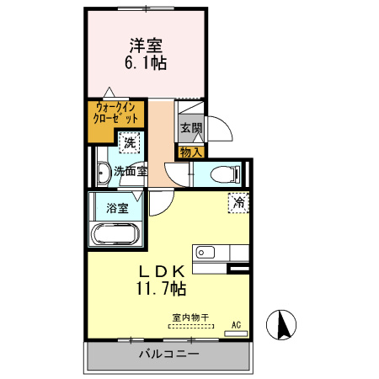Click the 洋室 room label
pyautogui.click(x=146, y=45)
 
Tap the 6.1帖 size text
pyautogui.click(x=146, y=64)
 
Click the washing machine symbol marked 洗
pyautogui.click(x=130, y=144)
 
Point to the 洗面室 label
pyautogui.click(x=131, y=171)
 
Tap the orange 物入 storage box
pyautogui.click(x=190, y=152)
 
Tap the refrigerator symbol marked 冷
pyautogui.click(x=238, y=202)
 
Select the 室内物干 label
pyautogui.click(x=191, y=318)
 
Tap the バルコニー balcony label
pyautogui.click(x=168, y=355)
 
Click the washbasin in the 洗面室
pyautogui.click(x=104, y=174)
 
